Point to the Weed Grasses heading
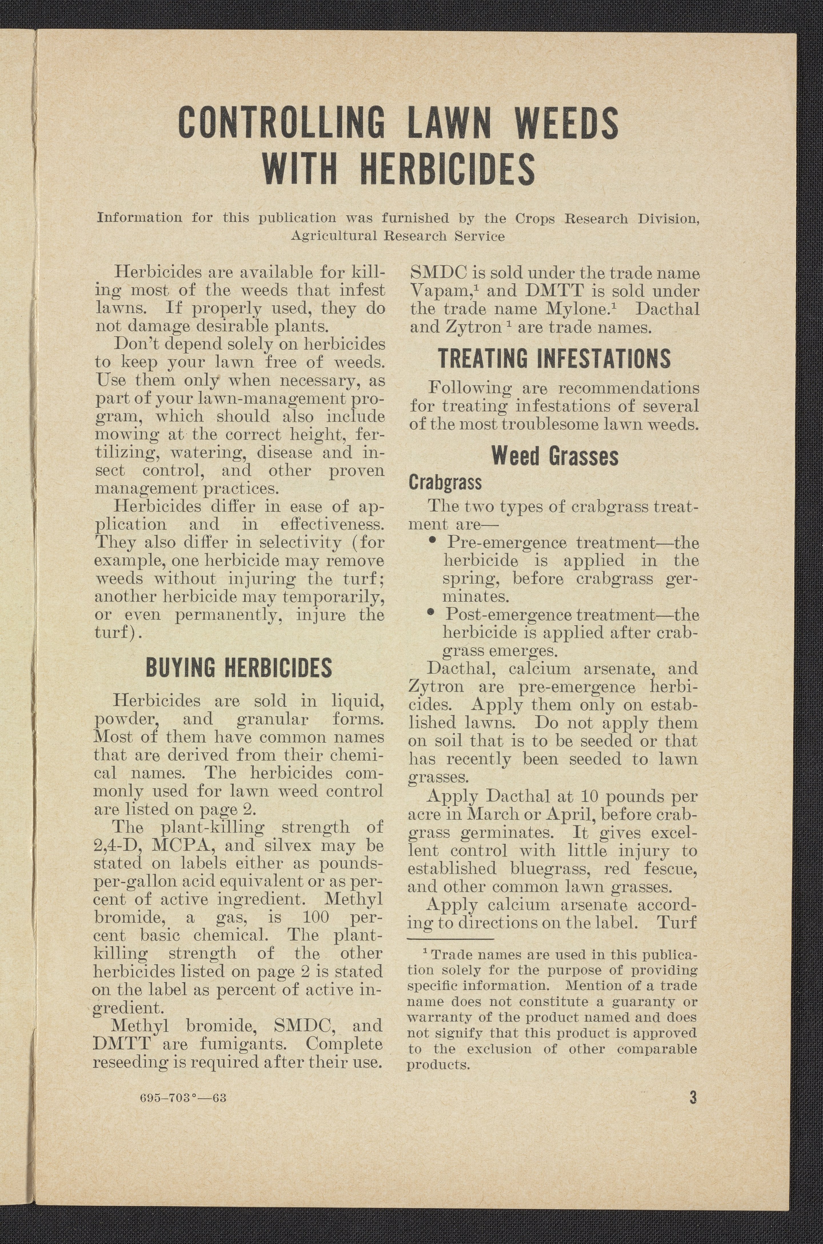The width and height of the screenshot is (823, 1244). click(555, 456)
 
